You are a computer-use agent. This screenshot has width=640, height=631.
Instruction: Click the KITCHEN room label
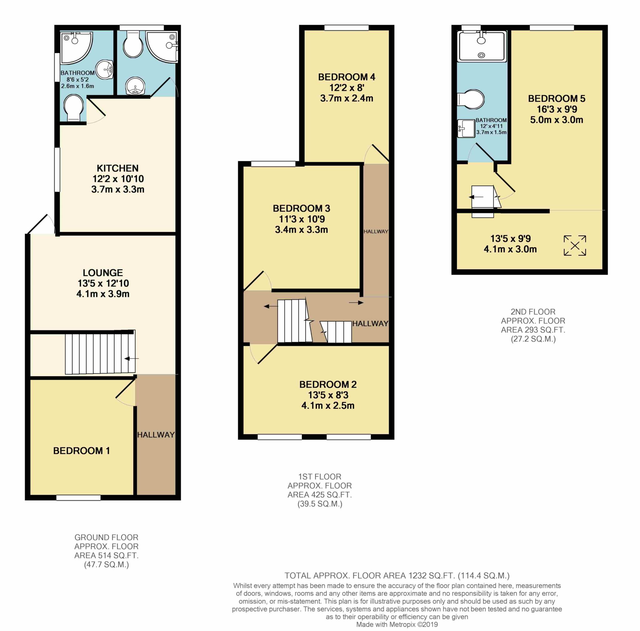click(x=117, y=168)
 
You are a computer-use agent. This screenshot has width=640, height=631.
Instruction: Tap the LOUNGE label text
click(x=103, y=273)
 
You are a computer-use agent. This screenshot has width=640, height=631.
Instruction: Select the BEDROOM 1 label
click(x=82, y=450)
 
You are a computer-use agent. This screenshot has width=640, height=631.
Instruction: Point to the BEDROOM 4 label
click(x=347, y=77)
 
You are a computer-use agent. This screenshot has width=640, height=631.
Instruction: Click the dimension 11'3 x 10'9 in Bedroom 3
click(x=302, y=219)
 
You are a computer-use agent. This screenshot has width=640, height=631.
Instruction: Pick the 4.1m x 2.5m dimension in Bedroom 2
click(x=327, y=405)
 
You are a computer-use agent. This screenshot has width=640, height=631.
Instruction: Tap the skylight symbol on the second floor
click(x=575, y=245)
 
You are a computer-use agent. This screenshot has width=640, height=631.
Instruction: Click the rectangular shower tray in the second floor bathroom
click(x=482, y=46)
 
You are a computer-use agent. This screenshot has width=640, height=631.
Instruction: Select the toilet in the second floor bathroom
click(x=471, y=99)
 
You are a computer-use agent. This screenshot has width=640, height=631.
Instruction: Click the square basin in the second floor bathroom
click(x=466, y=128)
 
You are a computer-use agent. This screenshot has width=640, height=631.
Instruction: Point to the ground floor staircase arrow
click(x=132, y=358)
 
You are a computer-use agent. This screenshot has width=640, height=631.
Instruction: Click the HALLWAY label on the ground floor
click(x=156, y=435)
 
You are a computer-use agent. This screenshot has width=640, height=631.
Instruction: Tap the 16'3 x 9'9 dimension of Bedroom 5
click(x=557, y=109)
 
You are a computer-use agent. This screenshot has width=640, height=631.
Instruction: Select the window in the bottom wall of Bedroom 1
click(x=78, y=498)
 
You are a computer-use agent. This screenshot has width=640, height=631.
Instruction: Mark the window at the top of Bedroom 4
click(x=347, y=28)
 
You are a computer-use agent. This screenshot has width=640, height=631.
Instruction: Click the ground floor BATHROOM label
click(x=77, y=73)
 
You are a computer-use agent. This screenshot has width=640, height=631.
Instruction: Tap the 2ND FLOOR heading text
click(x=533, y=312)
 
